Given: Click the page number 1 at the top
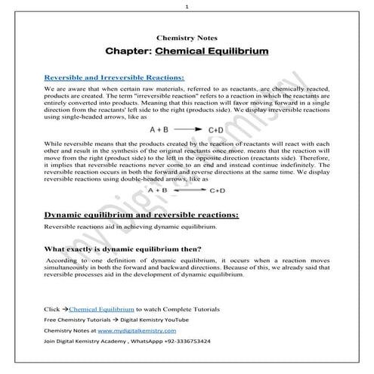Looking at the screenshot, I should point(187,6).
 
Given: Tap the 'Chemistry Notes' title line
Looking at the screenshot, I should point(187,36).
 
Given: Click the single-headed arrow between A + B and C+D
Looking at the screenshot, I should point(187,129).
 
